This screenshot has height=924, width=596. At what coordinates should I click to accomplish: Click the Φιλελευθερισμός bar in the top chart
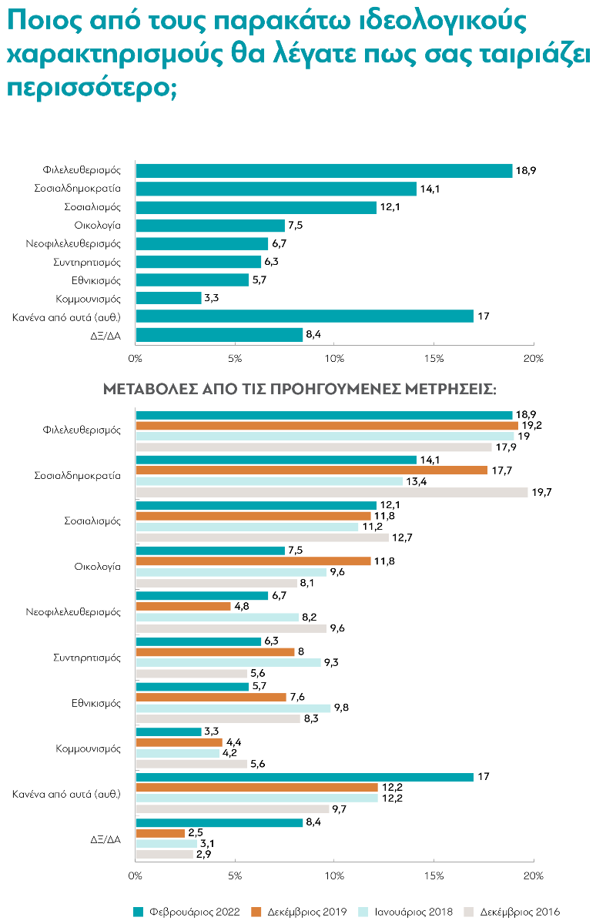pyautogui.click(x=323, y=170)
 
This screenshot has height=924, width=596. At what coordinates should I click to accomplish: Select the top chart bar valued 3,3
pyautogui.click(x=169, y=298)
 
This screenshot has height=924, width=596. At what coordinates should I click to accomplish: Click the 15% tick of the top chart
pyautogui.click(x=433, y=358)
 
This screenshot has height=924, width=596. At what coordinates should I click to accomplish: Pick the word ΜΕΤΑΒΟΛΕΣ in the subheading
pyautogui.click(x=145, y=390)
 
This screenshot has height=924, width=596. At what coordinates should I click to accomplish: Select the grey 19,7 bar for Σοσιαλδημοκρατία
pyautogui.click(x=331, y=492)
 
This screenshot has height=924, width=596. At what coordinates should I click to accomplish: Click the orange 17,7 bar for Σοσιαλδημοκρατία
pyautogui.click(x=311, y=470)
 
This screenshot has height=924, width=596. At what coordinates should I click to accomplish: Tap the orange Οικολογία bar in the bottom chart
pyautogui.click(x=253, y=561)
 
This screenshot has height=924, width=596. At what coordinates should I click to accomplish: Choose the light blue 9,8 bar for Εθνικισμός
pyautogui.click(x=233, y=708)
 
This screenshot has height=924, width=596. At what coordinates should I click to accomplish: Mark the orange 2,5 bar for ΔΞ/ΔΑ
pyautogui.click(x=160, y=833)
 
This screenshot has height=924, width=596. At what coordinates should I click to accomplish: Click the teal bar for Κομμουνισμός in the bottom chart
pyautogui.click(x=169, y=731)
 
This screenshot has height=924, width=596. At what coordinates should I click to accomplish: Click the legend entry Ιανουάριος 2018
pyautogui.click(x=414, y=912)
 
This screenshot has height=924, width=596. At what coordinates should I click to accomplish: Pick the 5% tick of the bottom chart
pyautogui.click(x=236, y=876)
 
